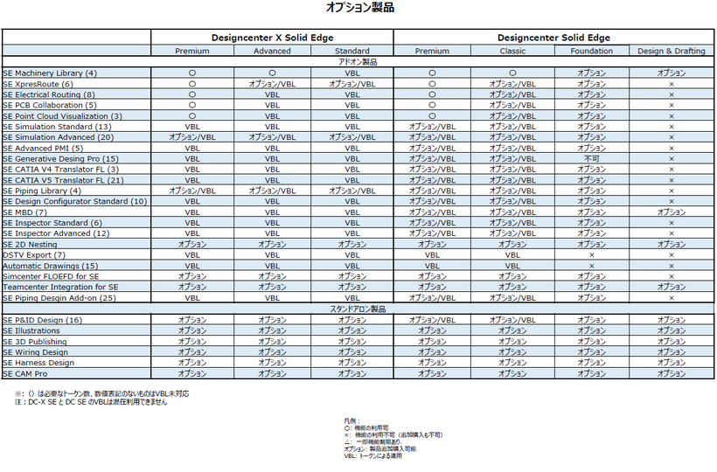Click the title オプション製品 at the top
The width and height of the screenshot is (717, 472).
pos(359,8)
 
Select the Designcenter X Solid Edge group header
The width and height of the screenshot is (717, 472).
pos(272,38)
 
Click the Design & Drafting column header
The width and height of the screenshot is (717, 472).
pos(672,51)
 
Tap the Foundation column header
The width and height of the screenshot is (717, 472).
pos(592,51)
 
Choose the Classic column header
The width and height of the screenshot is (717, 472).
pos(513,51)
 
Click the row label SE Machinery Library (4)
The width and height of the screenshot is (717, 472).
pos(50,73)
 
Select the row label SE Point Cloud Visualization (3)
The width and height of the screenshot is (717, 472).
pos(62,115)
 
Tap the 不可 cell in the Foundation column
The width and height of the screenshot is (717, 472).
pos(592,158)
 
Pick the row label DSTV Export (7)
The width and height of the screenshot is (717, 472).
pos(34,254)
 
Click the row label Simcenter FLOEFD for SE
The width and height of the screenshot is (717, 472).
pos(51,276)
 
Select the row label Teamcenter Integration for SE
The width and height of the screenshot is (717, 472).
pos(60,287)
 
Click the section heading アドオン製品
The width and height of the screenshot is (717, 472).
pos(358,62)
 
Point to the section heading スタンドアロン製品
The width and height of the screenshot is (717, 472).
pos(358,309)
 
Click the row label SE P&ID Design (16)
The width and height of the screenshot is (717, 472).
pos(43,320)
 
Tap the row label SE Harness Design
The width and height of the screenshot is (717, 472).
pos(38,362)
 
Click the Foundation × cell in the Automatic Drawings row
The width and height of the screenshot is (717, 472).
pos(592,266)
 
